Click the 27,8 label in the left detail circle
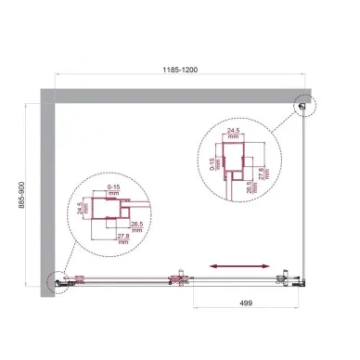click(123, 242)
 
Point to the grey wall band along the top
click(176, 96)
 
